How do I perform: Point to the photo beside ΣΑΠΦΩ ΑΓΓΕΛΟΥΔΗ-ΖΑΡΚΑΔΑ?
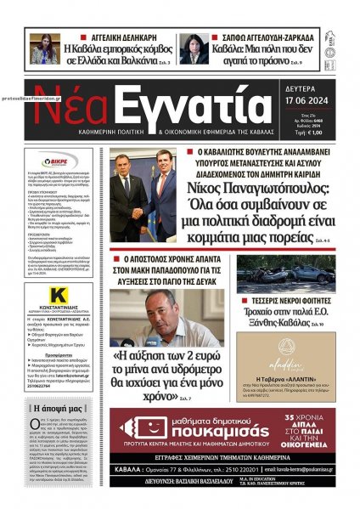click(x=193, y=49)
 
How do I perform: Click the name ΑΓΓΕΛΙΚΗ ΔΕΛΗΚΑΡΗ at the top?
click(x=118, y=39)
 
